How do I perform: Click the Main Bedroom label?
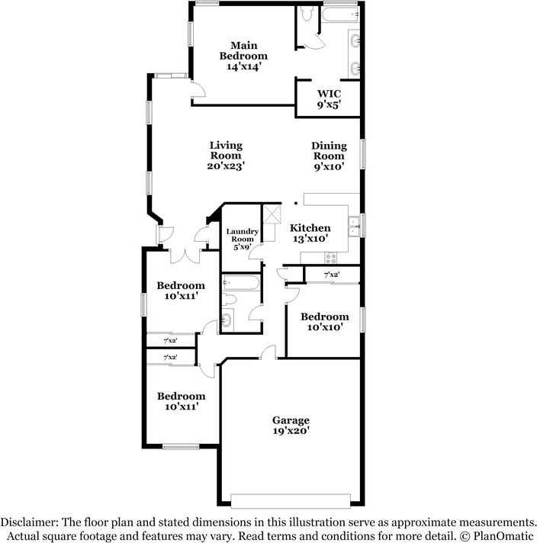[243, 50]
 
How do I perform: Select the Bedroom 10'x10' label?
[324, 321]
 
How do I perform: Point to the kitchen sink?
[353, 223]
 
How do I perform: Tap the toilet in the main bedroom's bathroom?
[305, 15]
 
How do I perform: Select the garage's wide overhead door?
[291, 500]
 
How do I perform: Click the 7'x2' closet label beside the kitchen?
[331, 275]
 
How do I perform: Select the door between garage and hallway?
[266, 352]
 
